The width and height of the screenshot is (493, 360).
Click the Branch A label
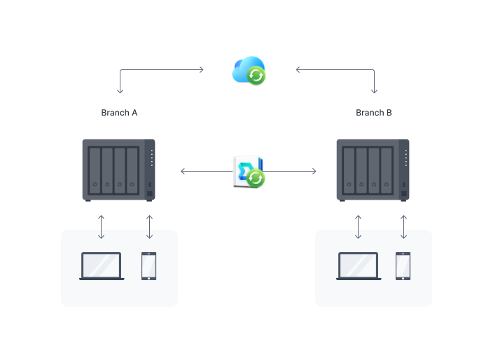(x=119, y=113)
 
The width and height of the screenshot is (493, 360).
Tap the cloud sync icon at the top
(x=248, y=70)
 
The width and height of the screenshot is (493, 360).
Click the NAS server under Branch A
(x=119, y=170)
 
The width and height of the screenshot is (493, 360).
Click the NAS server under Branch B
(x=373, y=170)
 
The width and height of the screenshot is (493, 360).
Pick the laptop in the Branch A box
(x=102, y=266)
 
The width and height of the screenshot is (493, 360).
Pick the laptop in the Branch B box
(x=358, y=266)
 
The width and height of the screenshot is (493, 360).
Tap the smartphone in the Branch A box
(x=149, y=266)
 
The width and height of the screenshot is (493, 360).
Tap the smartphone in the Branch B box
(x=403, y=266)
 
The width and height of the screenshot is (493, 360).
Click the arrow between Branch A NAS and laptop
(x=102, y=226)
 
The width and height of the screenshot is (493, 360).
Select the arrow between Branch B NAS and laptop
(x=358, y=226)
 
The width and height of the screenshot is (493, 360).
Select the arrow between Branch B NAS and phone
(x=403, y=226)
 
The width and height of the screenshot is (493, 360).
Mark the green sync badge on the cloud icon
(x=257, y=76)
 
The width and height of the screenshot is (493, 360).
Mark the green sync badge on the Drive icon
(x=256, y=179)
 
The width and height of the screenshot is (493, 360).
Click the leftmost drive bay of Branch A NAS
(x=94, y=170)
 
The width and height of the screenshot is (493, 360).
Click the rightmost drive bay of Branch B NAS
(x=387, y=170)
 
